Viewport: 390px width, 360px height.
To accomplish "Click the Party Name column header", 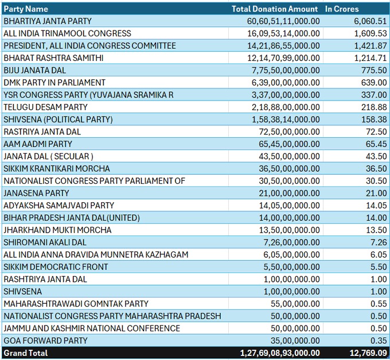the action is pyautogui.click(x=26, y=9).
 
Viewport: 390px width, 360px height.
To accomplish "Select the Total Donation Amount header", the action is pyautogui.click(x=275, y=9).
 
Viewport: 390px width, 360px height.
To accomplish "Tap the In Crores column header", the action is pyautogui.click(x=342, y=9).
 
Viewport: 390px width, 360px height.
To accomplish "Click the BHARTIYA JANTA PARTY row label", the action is pyautogui.click(x=48, y=21).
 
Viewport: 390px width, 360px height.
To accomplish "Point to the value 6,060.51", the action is pyautogui.click(x=370, y=21).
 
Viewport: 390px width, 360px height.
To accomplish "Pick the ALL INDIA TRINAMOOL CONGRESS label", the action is pyautogui.click(x=67, y=33).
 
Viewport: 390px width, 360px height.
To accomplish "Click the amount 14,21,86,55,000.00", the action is pyautogui.click(x=283, y=45).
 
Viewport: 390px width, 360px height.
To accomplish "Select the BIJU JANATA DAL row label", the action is pyautogui.click(x=35, y=70).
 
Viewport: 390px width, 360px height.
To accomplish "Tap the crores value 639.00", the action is pyautogui.click(x=374, y=83).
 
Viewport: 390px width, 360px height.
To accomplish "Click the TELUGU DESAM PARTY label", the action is pyautogui.click(x=45, y=107).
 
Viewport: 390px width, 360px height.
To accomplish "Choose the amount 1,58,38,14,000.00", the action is pyautogui.click(x=286, y=119).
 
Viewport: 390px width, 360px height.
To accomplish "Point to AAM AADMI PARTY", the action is pyautogui.click(x=38, y=144).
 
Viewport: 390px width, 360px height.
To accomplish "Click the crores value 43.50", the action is pyautogui.click(x=376, y=156).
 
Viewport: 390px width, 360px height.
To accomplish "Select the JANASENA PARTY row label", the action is pyautogui.click(x=36, y=193).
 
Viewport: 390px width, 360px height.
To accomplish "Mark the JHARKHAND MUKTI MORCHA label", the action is pyautogui.click(x=57, y=230).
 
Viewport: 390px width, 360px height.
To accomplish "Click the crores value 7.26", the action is pyautogui.click(x=379, y=242).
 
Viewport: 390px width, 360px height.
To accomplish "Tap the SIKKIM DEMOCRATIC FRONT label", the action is pyautogui.click(x=56, y=267).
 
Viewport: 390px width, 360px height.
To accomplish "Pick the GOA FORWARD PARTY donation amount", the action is pyautogui.click(x=295, y=340).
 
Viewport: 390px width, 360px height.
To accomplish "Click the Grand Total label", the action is pyautogui.click(x=26, y=353).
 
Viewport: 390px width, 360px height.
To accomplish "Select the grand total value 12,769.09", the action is pyautogui.click(x=368, y=353).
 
